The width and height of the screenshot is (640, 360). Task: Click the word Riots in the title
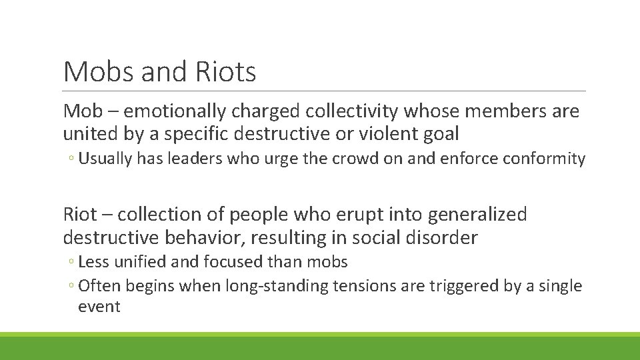point(227,71)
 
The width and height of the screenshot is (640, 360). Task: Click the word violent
point(385,134)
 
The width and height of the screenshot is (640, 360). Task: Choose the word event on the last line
point(99,307)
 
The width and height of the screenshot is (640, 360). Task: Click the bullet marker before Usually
point(71,159)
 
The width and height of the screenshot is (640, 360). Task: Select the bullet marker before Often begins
point(71,287)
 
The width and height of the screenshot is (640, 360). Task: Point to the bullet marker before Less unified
point(71,263)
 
